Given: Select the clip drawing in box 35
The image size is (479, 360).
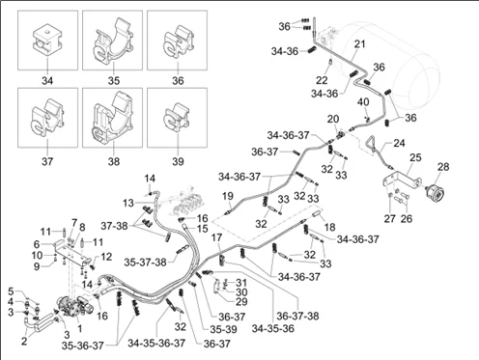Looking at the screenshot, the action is (x=113, y=41).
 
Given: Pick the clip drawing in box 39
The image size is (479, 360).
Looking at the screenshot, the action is (x=178, y=118).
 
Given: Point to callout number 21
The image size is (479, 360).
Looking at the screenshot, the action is (x=359, y=43).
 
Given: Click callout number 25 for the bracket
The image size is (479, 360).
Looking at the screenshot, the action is (x=415, y=157).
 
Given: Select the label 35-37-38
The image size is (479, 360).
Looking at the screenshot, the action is (x=145, y=263).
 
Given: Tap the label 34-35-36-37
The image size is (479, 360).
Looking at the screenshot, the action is (x=156, y=343).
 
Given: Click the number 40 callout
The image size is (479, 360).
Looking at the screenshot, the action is (x=363, y=102).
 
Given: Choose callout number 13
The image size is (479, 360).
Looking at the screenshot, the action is (x=127, y=204).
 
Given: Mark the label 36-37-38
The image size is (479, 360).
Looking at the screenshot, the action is (x=297, y=316).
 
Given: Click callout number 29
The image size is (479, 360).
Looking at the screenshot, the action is (x=241, y=302).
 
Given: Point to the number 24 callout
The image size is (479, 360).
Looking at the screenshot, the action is (x=399, y=143).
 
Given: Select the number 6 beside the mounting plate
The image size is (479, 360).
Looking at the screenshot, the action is (x=37, y=244).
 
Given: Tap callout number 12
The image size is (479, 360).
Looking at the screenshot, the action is (x=106, y=257).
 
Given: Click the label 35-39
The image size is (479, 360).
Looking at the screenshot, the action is (x=223, y=329).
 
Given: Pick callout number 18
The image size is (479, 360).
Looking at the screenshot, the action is (x=329, y=227).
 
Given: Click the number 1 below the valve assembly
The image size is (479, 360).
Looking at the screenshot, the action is (x=80, y=328).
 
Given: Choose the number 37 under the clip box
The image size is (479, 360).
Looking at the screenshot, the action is (x=47, y=161).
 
